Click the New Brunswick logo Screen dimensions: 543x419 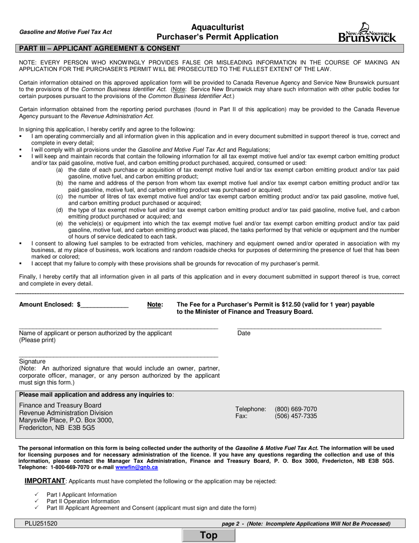click(x=367, y=33)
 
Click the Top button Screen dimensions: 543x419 click(x=209, y=535)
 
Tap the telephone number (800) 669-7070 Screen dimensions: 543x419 click(x=296, y=409)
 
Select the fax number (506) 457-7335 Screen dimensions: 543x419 click(x=296, y=416)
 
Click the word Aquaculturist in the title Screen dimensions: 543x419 click(x=217, y=27)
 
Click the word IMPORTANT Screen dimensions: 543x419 click(x=45, y=481)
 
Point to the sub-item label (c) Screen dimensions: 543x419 click(x=59, y=196)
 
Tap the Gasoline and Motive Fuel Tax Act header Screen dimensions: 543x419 click(x=65, y=32)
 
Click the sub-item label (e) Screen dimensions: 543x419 click(x=59, y=223)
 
